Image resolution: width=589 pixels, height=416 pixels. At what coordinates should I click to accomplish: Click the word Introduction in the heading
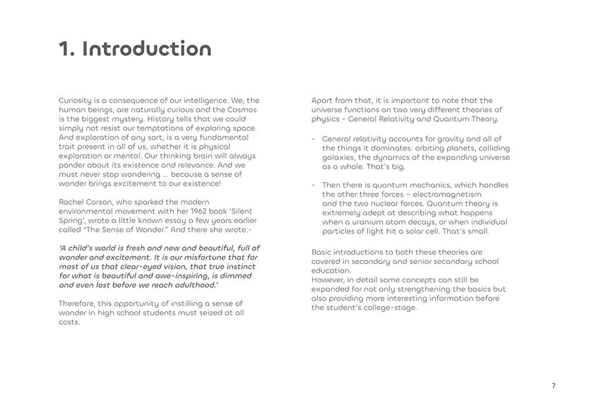coord(147,49)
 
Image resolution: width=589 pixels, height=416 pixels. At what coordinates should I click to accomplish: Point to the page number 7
coord(554,386)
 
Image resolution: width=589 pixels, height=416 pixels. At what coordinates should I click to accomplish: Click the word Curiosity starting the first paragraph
coord(75,101)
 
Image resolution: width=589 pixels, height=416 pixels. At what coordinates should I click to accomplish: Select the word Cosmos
coord(242,109)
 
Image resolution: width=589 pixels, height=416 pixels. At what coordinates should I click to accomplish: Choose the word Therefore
coord(77,304)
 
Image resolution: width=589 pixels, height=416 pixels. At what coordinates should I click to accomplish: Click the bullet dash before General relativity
coord(313,139)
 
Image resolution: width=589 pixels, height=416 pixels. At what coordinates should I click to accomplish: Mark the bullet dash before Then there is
coord(313,185)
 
